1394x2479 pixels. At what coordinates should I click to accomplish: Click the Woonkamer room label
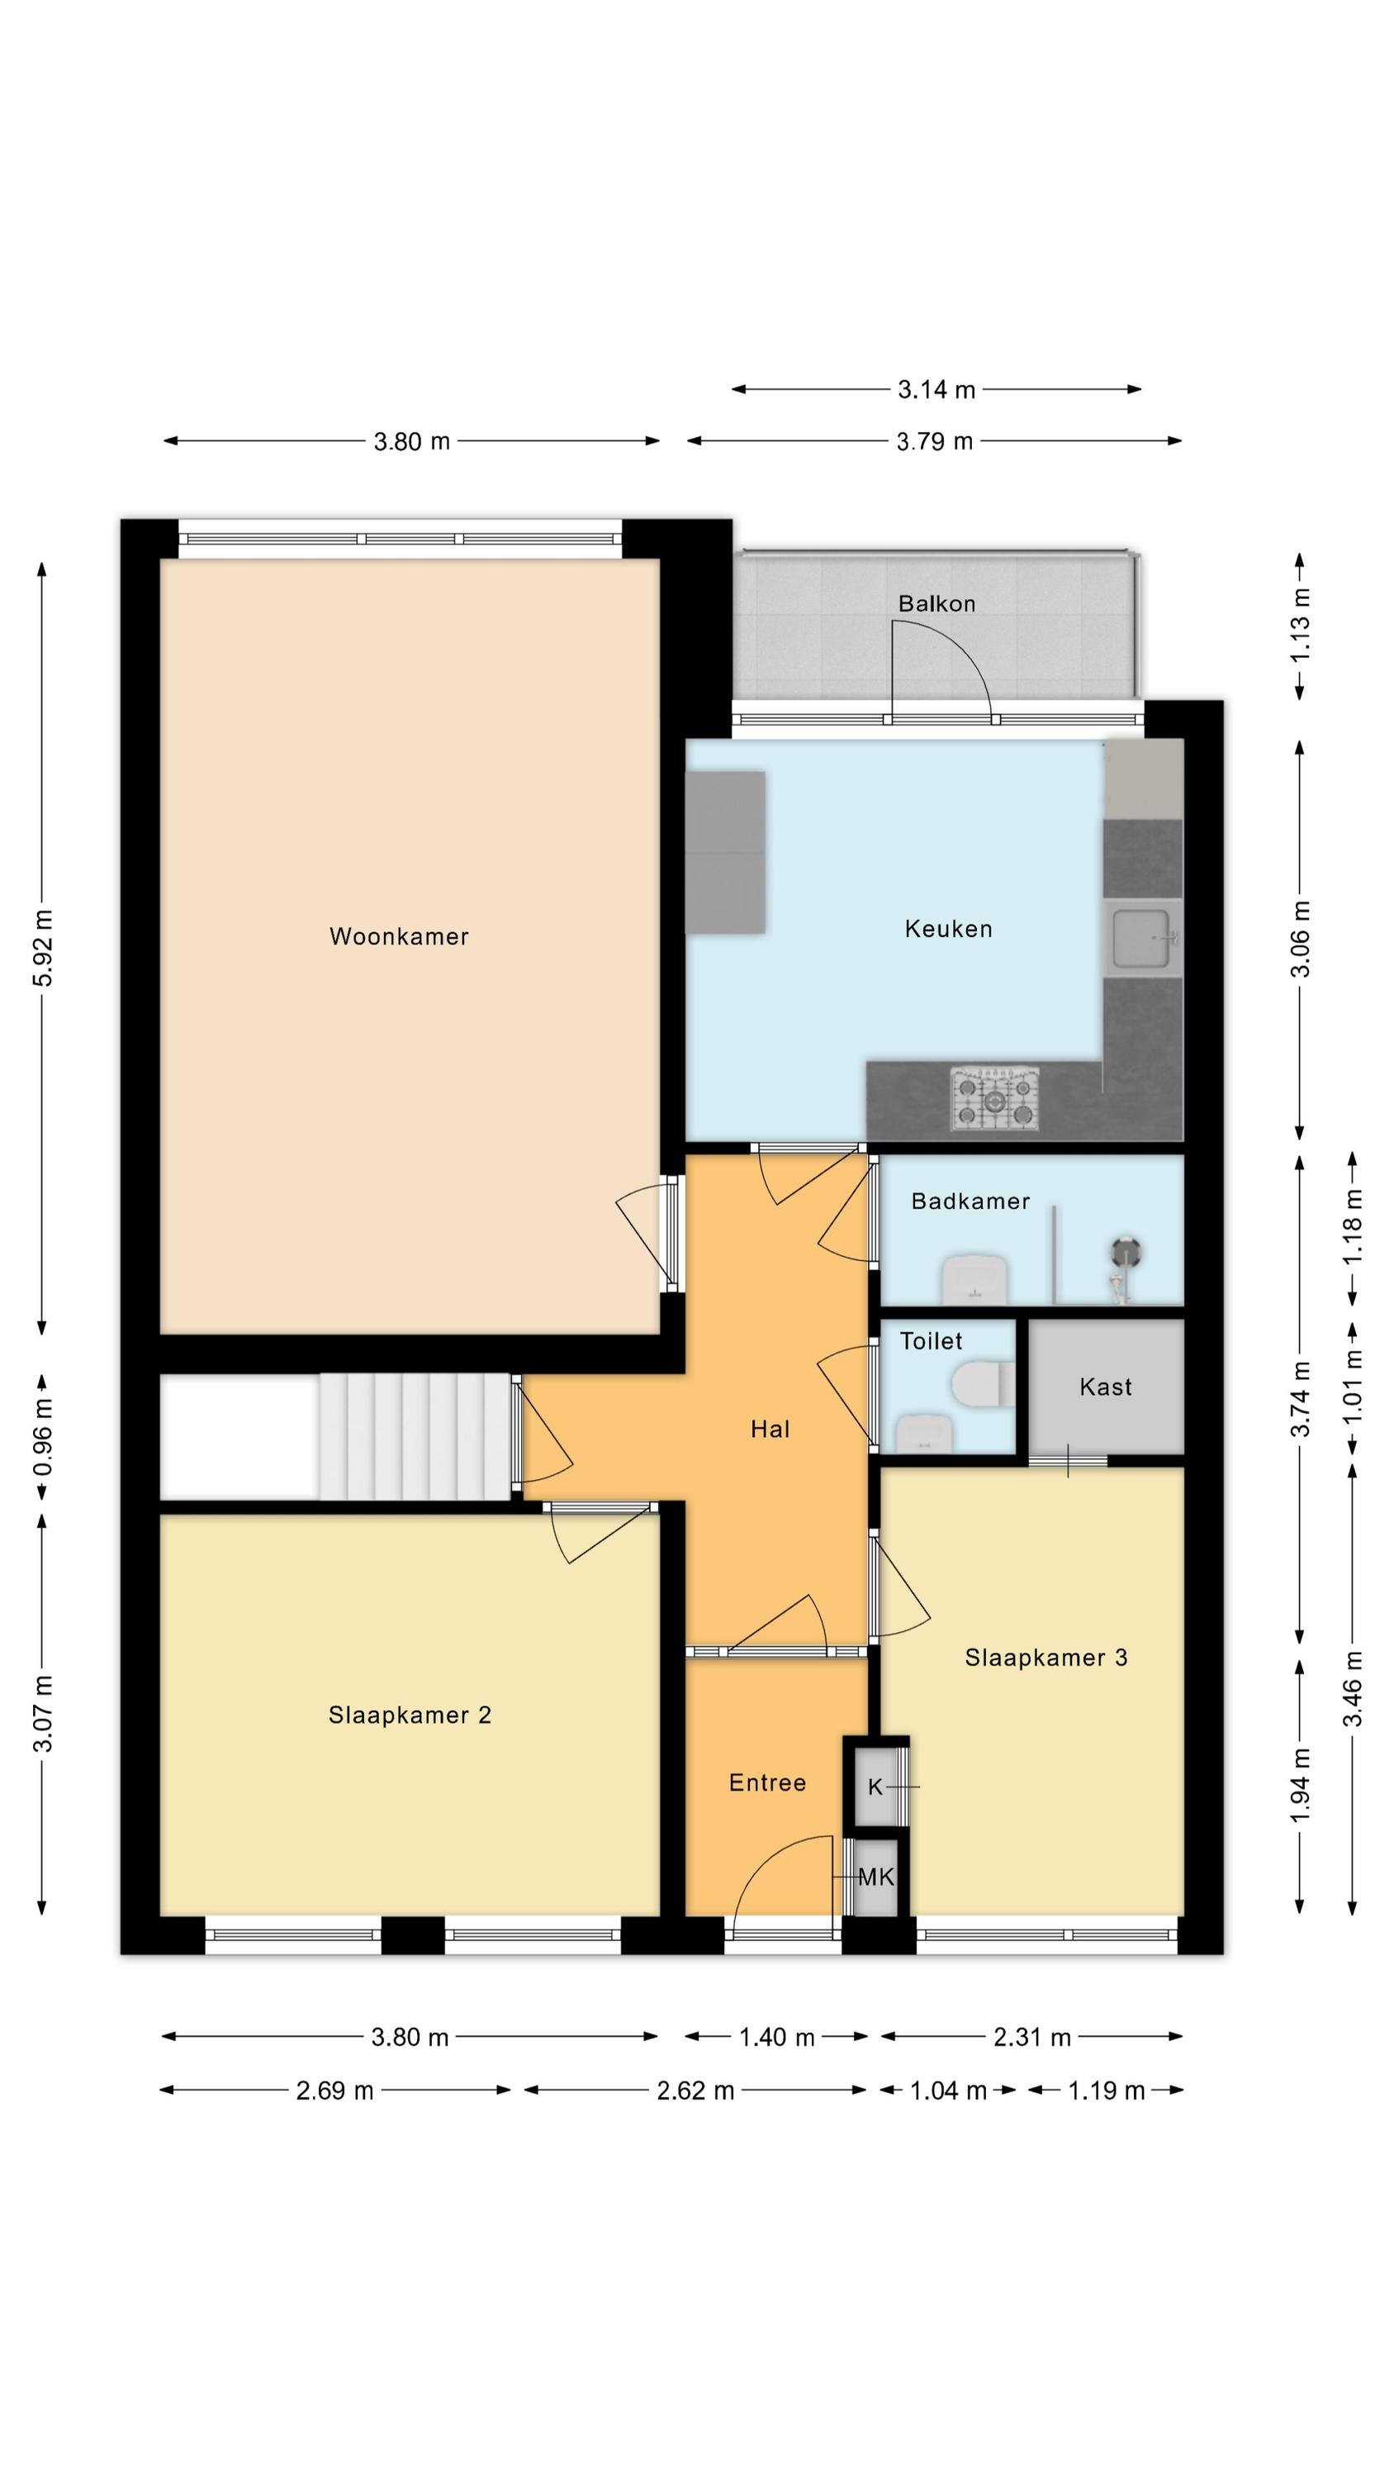click(x=398, y=936)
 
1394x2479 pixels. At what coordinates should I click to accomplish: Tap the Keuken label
click(x=947, y=929)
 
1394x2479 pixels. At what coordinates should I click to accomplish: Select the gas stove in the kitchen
click(x=995, y=1098)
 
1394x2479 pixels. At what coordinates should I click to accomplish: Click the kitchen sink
click(x=1143, y=938)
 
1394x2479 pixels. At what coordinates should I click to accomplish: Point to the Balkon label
click(x=936, y=603)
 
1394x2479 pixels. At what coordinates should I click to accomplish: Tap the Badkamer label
click(x=970, y=1201)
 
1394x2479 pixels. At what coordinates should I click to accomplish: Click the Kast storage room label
click(x=1106, y=1387)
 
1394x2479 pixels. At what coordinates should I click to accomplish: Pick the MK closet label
click(x=875, y=1877)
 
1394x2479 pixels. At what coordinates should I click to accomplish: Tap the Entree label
click(x=766, y=1783)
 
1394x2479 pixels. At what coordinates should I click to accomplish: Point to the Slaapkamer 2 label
click(x=410, y=1715)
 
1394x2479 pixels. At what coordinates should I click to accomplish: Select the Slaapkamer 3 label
click(x=1045, y=1657)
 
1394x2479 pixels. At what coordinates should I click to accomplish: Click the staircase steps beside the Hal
click(x=415, y=1437)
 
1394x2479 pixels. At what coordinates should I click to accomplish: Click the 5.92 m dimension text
click(x=43, y=947)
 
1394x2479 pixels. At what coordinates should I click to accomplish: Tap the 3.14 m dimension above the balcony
click(x=936, y=390)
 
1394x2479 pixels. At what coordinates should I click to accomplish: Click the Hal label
click(x=770, y=1429)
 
